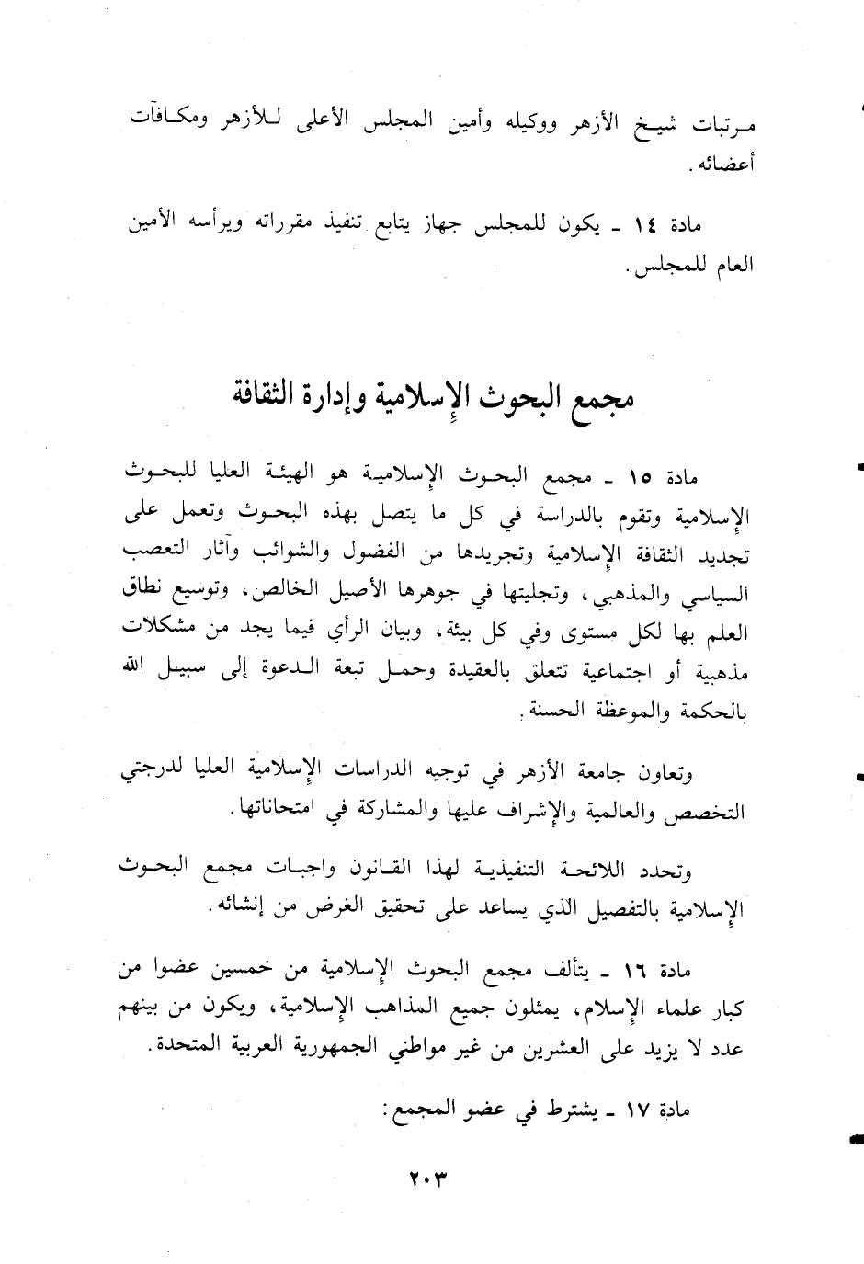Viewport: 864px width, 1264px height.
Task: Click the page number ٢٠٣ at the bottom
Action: pyautogui.click(x=432, y=1174)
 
